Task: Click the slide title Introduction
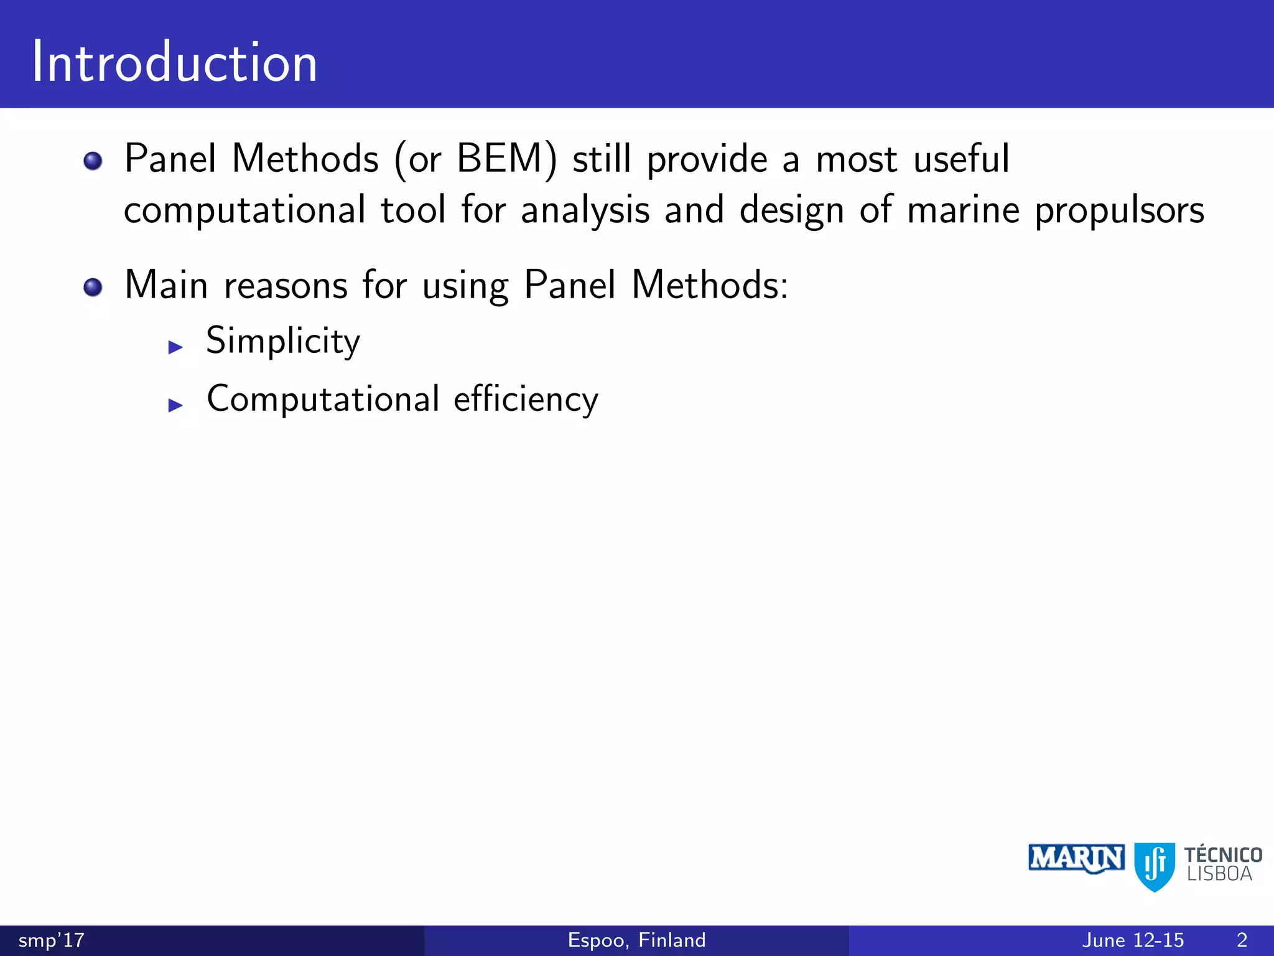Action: (174, 62)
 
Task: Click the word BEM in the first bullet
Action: (500, 159)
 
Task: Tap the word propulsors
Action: (1119, 210)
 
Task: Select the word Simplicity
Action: (283, 341)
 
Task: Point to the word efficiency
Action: (526, 399)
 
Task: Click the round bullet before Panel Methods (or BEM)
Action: (93, 161)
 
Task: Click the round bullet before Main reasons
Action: (93, 288)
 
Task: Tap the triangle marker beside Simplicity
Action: (175, 347)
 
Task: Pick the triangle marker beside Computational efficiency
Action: (175, 406)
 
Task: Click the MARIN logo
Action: (1076, 859)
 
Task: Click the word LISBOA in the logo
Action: (1219, 874)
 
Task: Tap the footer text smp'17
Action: (51, 940)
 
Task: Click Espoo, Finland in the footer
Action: (636, 940)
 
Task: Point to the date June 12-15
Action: (1133, 940)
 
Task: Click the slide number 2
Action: (1242, 940)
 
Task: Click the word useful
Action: (961, 159)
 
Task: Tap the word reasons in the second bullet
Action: (286, 286)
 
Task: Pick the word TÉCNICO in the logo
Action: (1223, 855)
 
